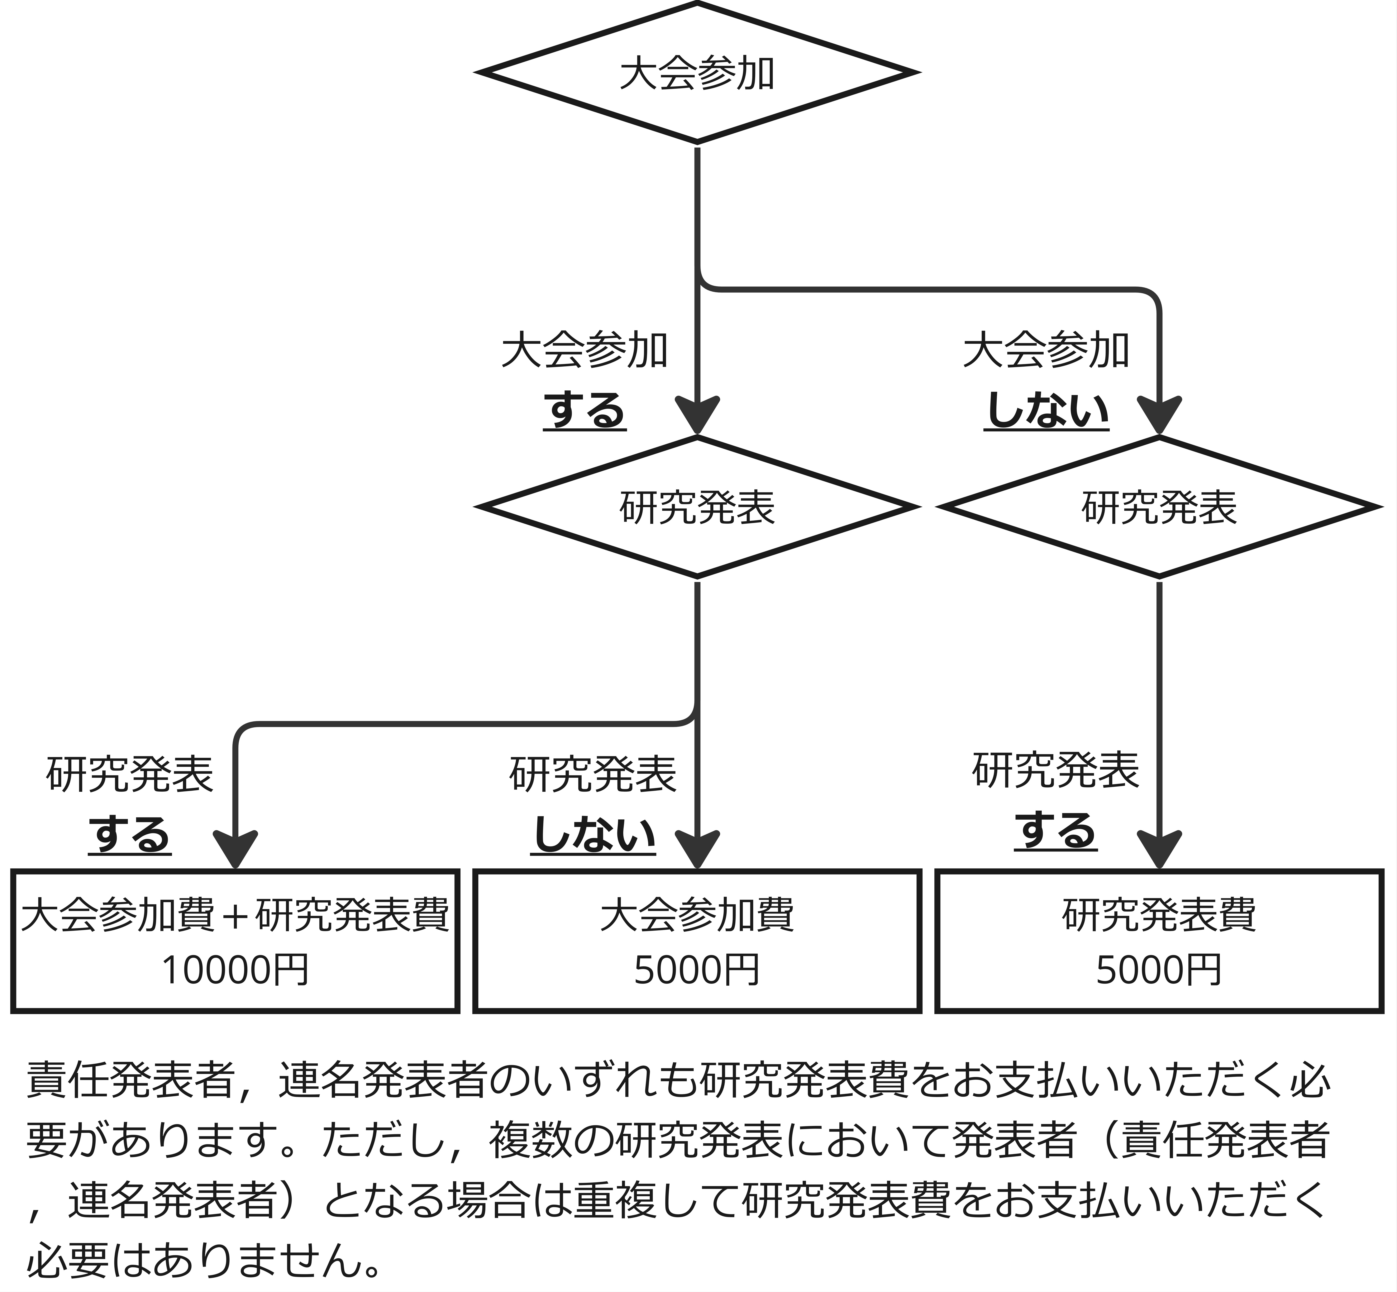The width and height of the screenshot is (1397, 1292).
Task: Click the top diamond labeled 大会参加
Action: point(697,73)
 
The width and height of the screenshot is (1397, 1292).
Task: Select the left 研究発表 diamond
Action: point(697,507)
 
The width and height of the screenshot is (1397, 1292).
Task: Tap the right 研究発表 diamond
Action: point(1159,507)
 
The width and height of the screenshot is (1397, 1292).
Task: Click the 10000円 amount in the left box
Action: point(235,970)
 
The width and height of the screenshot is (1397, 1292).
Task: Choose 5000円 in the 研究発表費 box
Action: point(1159,970)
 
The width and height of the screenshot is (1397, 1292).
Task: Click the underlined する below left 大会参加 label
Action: point(584,411)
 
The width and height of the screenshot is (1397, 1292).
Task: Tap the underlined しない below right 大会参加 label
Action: point(1047,411)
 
